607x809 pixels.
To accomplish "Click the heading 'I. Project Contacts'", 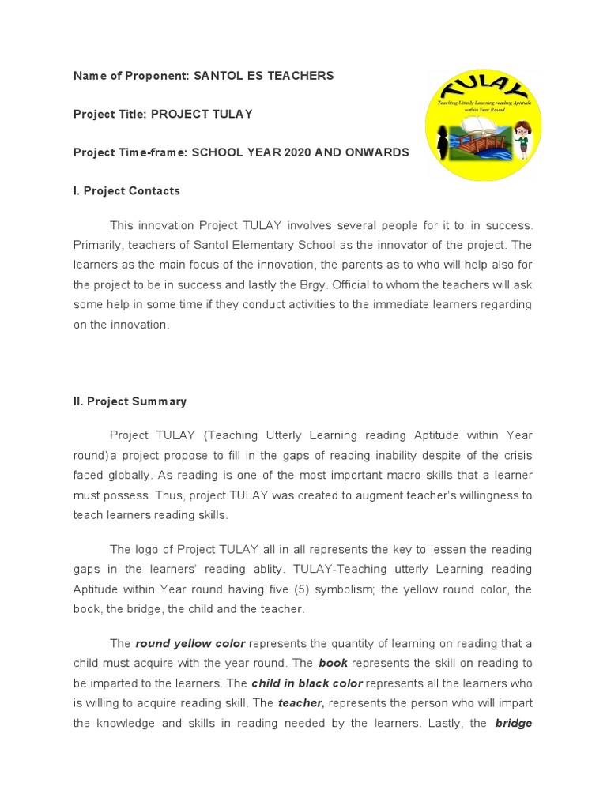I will tap(126, 190).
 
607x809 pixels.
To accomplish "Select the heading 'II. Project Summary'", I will tap(130, 401).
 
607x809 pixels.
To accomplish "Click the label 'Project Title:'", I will tap(110, 114).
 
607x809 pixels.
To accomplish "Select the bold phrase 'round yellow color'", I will tap(190, 644).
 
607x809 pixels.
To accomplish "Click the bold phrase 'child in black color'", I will tap(307, 683).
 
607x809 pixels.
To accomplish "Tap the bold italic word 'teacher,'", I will tap(301, 702).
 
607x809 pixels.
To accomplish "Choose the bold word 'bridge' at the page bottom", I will tap(513, 721).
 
